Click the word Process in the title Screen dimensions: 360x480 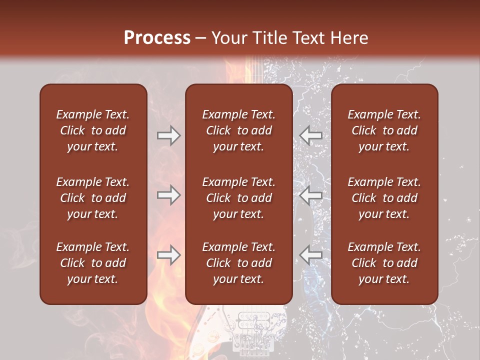click(157, 37)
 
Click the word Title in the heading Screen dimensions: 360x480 click(271, 38)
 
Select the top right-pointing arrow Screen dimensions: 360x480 click(168, 135)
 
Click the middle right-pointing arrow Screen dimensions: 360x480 click(168, 195)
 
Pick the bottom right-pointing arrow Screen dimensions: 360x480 click(168, 255)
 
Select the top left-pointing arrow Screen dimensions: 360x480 click(311, 135)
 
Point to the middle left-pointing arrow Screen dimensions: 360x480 click(311, 195)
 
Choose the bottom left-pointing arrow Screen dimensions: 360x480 click(311, 255)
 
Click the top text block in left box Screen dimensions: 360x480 click(93, 130)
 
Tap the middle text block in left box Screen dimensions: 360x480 click(93, 198)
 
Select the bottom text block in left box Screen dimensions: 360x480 click(93, 263)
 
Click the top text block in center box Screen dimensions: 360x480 click(238, 130)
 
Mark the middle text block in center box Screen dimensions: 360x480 click(238, 198)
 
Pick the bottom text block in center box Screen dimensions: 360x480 click(238, 263)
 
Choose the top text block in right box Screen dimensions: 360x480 click(384, 130)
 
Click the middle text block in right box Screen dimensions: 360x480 click(384, 198)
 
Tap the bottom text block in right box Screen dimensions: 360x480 click(384, 263)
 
